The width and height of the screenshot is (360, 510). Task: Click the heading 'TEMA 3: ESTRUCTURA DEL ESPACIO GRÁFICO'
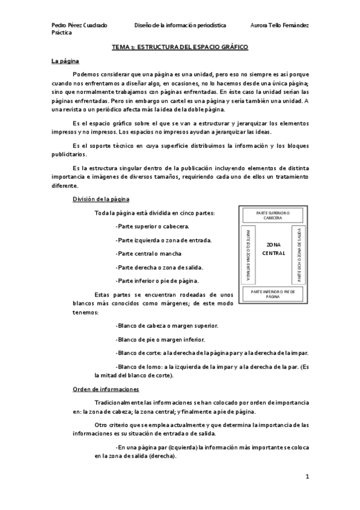180,46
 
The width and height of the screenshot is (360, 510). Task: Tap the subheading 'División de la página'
99,199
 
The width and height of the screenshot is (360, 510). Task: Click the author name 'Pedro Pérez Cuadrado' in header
80,25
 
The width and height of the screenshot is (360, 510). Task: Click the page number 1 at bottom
307,477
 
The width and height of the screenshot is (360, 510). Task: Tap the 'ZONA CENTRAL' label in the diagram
273,249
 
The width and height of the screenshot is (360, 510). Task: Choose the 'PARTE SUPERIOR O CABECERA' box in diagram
273,215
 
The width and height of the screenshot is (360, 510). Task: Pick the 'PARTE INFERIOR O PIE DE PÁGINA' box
273,293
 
